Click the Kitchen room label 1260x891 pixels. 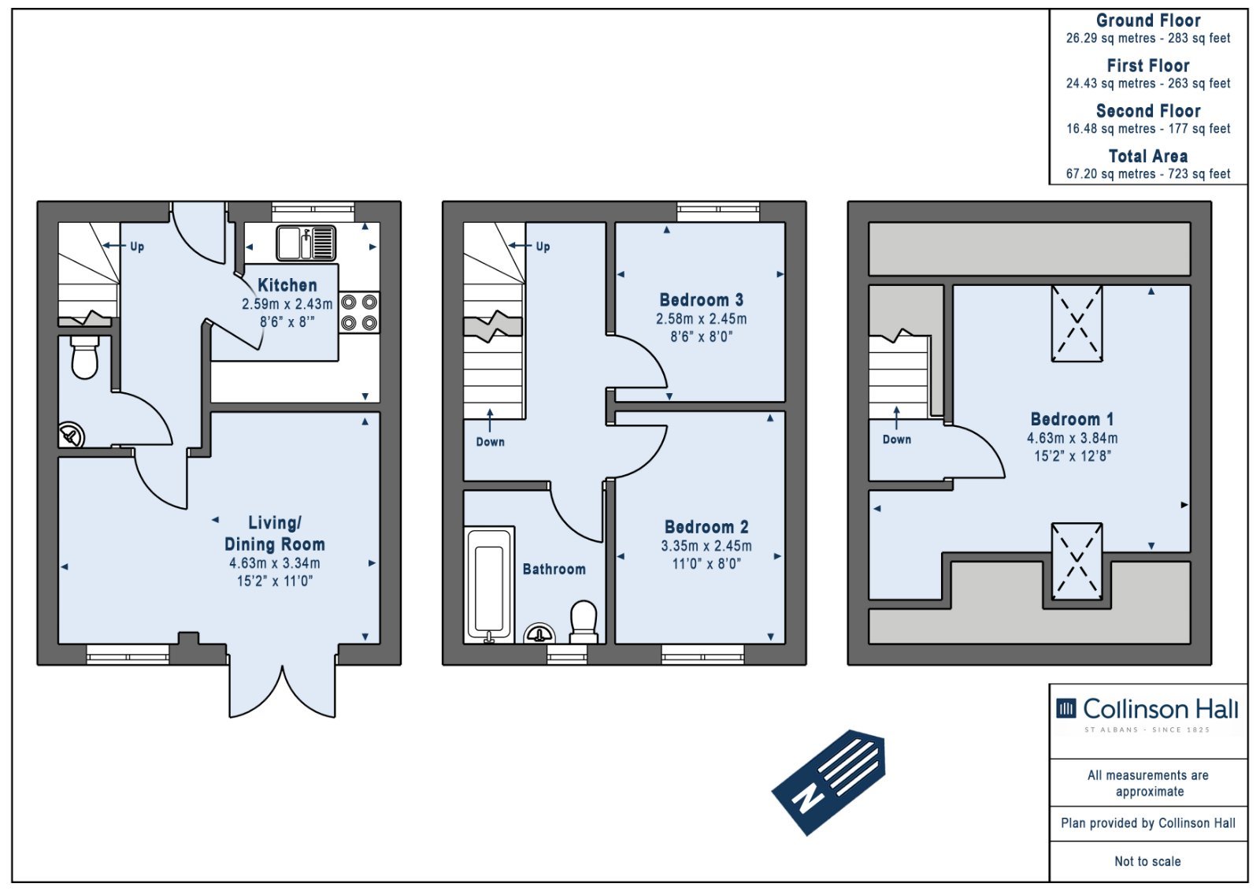coord(287,285)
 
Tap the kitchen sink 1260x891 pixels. coord(306,243)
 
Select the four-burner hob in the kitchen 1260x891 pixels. coord(359,313)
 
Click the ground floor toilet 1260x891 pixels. coord(85,357)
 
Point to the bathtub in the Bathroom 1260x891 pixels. coord(489,585)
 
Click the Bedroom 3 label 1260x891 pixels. coord(701,299)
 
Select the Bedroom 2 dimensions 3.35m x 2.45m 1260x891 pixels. coord(706,545)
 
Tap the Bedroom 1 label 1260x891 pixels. coord(1072,419)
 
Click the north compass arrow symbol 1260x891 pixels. coord(828,781)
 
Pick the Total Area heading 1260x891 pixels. coord(1147,156)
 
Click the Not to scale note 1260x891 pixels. coord(1147,861)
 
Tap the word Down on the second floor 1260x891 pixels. coord(897,439)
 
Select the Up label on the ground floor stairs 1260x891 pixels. coord(137,247)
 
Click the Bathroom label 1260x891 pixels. coord(554,569)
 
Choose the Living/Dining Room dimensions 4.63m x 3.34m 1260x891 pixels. coord(275,562)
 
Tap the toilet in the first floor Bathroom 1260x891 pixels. coord(584,622)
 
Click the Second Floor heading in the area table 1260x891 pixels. coord(1148,110)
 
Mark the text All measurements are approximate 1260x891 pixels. coord(1148,783)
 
